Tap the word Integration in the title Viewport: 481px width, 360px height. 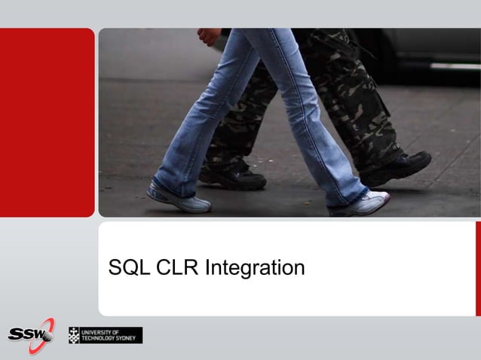pyautogui.click(x=255, y=269)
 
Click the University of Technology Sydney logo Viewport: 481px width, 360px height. pyautogui.click(x=105, y=335)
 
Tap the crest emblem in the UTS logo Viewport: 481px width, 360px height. pyautogui.click(x=74, y=335)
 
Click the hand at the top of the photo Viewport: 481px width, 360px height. pyautogui.click(x=210, y=35)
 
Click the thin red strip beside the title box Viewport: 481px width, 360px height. pyautogui.click(x=478, y=268)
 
